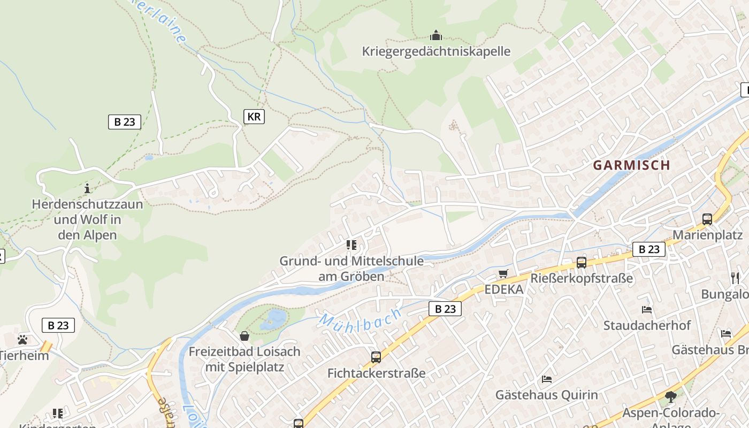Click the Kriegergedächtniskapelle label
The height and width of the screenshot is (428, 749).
pyautogui.click(x=436, y=51)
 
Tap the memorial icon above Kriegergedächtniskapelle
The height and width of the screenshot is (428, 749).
pyautogui.click(x=436, y=36)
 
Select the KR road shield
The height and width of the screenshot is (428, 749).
pyautogui.click(x=254, y=117)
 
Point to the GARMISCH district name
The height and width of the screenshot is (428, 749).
pyautogui.click(x=631, y=165)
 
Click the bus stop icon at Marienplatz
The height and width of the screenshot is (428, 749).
pyautogui.click(x=707, y=219)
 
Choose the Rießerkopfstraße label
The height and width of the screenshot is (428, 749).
pyautogui.click(x=582, y=279)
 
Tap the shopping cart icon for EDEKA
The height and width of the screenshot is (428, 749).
pyautogui.click(x=503, y=274)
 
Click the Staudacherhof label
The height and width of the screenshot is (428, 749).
pyautogui.click(x=647, y=325)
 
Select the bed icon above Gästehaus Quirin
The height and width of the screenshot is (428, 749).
pyautogui.click(x=546, y=379)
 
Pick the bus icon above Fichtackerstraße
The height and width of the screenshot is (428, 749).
pyautogui.click(x=376, y=357)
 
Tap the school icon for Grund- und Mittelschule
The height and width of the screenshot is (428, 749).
pyautogui.click(x=351, y=245)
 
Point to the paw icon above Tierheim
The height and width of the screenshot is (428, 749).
pyautogui.click(x=22, y=339)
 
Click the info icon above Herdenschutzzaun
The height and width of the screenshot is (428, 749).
pyautogui.click(x=87, y=188)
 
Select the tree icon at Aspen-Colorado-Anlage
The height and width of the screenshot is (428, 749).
pyautogui.click(x=670, y=397)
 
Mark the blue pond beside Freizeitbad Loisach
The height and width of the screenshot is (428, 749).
pyautogui.click(x=274, y=319)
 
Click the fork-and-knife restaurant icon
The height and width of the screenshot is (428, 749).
pyautogui.click(x=735, y=278)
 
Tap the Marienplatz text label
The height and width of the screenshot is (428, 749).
pyautogui.click(x=707, y=235)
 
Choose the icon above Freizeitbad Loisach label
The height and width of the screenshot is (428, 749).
pyautogui.click(x=244, y=336)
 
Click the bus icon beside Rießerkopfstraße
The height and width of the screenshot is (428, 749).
pyautogui.click(x=582, y=263)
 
